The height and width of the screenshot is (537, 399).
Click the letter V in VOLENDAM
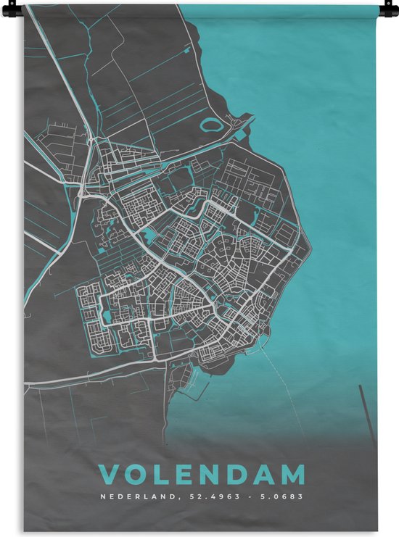(107, 475)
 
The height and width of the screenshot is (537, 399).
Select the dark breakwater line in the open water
(368, 413)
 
